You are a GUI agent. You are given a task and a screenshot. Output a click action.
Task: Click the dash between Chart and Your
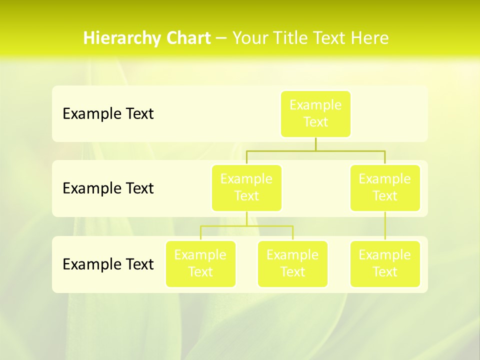click(221, 38)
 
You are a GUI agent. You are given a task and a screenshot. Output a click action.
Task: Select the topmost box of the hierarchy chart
click(315, 113)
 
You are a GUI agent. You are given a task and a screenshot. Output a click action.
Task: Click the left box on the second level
click(246, 187)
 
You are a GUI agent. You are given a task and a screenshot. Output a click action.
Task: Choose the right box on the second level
click(385, 187)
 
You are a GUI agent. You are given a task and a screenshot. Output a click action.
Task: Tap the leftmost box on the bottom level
click(200, 263)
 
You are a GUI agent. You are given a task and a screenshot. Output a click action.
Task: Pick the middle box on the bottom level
click(292, 263)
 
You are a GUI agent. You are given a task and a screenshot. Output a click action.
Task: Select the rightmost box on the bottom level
click(385, 263)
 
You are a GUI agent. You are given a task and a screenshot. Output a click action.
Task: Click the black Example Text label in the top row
click(108, 114)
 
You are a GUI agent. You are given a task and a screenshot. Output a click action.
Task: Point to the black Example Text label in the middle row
click(108, 188)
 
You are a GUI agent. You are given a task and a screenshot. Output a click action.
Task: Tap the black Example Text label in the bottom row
click(108, 264)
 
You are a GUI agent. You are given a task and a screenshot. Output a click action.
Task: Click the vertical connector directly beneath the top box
click(315, 144)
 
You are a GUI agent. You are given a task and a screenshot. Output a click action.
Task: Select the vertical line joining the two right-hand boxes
click(385, 226)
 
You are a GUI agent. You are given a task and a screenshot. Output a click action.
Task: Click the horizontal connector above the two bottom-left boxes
click(246, 226)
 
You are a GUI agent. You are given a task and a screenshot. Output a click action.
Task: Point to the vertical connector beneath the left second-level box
click(246, 218)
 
